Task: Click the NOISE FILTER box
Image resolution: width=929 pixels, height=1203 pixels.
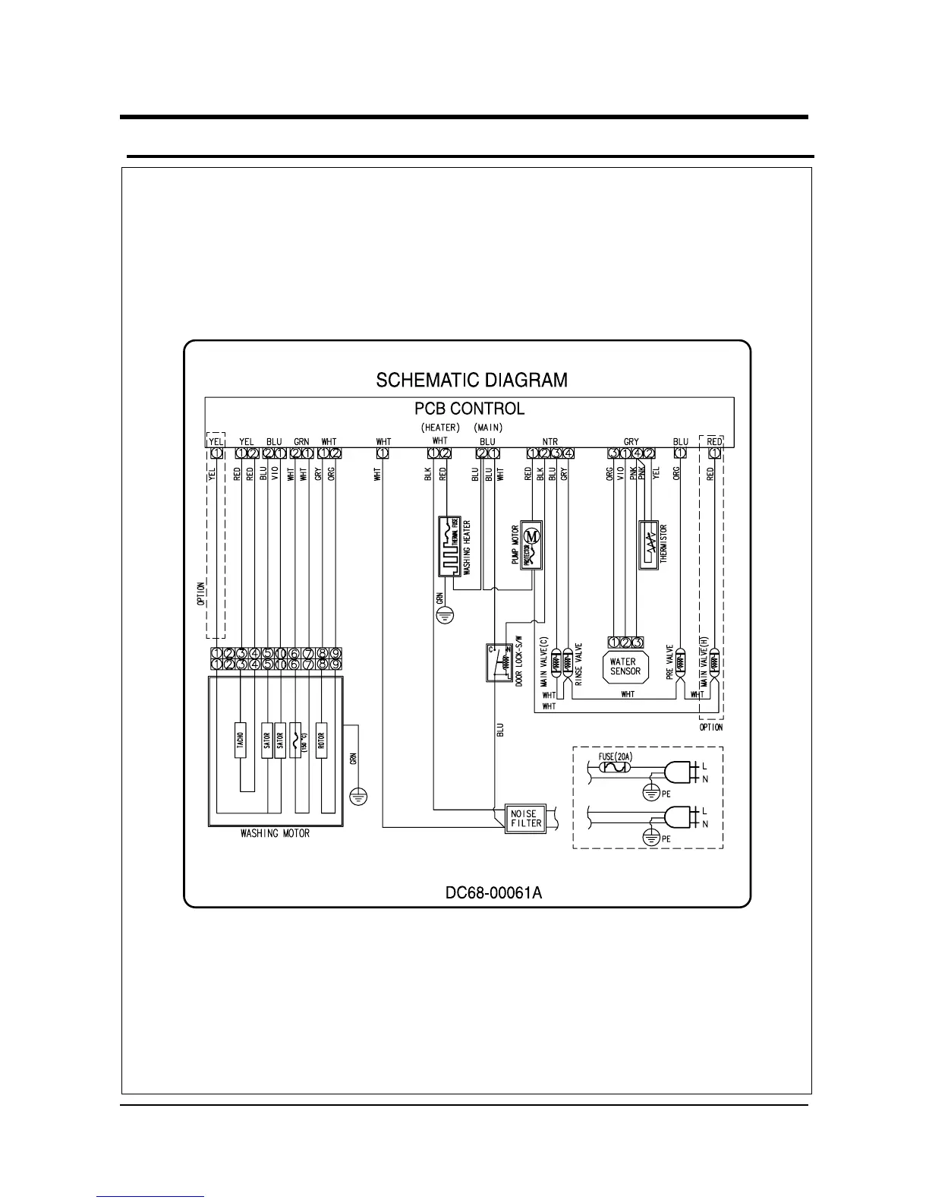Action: click(x=526, y=818)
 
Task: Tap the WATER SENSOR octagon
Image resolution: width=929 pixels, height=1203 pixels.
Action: click(x=625, y=666)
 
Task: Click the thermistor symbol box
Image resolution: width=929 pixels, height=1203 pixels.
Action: click(x=648, y=544)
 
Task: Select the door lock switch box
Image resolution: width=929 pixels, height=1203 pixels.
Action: click(x=499, y=662)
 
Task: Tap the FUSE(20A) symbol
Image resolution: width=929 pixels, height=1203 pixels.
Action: click(x=613, y=768)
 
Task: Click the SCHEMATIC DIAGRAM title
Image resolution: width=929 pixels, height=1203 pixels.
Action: click(x=471, y=379)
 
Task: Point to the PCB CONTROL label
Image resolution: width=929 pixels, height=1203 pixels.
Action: click(x=469, y=408)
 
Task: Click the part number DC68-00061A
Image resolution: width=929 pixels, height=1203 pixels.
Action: click(x=493, y=892)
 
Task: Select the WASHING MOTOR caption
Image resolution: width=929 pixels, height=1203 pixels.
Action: click(x=275, y=833)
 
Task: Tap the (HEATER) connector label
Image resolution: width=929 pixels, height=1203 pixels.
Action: click(x=440, y=428)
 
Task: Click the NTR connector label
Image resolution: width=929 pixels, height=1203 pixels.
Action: click(x=550, y=441)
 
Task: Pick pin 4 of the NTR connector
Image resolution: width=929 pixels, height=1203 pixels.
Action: click(x=569, y=453)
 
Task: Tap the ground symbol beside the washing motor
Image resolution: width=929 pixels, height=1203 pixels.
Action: click(x=359, y=796)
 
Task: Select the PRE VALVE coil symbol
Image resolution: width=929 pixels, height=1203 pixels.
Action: click(x=680, y=662)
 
